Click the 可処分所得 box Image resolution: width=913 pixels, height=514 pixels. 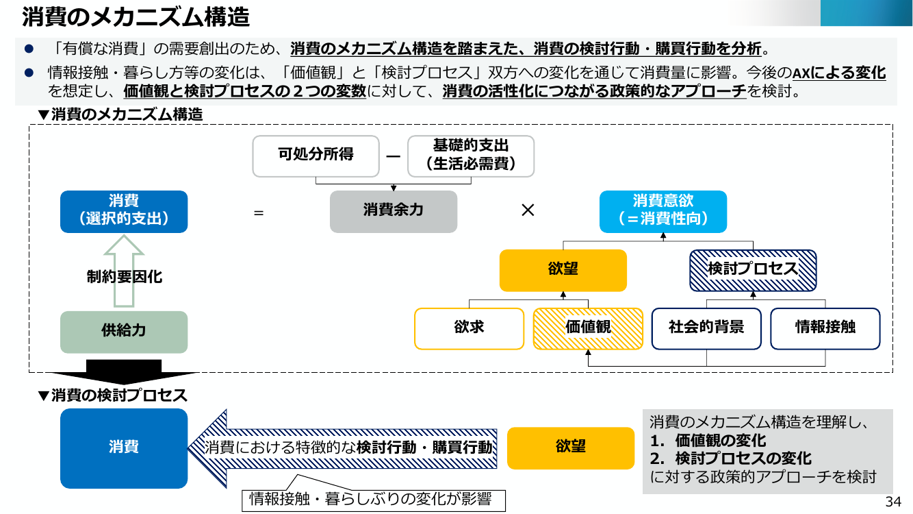(316, 156)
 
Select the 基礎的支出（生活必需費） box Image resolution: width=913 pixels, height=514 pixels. (471, 156)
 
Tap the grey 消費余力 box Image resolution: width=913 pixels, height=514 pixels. (394, 212)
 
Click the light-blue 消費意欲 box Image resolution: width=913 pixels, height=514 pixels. (663, 212)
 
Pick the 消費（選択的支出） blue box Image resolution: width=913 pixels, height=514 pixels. (124, 212)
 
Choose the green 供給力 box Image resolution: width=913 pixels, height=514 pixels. (124, 332)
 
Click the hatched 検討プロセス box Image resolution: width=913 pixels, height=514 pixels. (753, 270)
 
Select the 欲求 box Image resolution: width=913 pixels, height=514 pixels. (469, 329)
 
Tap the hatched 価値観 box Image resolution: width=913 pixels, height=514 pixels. (588, 329)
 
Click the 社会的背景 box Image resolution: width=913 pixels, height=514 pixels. (706, 329)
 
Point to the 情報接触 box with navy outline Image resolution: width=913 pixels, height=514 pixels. (825, 329)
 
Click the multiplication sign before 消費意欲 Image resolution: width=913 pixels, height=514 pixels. (528, 210)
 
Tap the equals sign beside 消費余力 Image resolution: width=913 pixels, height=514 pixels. (259, 212)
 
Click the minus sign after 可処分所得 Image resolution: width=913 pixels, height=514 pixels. (394, 156)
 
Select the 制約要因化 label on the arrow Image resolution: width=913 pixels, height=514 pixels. (125, 277)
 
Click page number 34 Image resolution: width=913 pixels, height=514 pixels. (893, 502)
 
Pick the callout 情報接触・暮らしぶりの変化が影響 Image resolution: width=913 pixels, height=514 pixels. (374, 499)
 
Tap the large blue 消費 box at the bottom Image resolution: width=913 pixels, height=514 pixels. (124, 448)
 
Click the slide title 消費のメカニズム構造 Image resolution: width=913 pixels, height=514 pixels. (136, 17)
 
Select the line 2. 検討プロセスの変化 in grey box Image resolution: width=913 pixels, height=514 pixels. (731, 458)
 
